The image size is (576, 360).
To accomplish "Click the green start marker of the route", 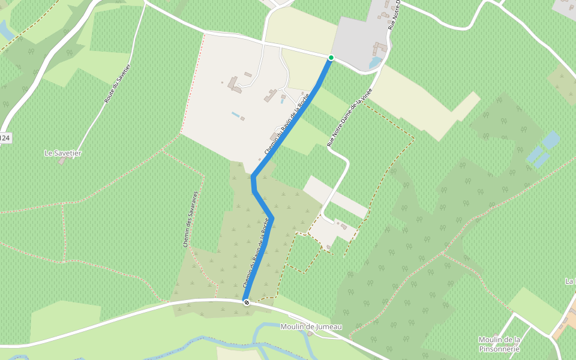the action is [331, 58].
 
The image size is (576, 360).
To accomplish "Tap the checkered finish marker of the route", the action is [246, 302].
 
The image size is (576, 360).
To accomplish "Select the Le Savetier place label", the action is [63, 153].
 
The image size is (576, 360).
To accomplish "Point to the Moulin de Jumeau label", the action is [311, 326].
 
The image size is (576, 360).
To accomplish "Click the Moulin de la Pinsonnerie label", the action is [499, 344].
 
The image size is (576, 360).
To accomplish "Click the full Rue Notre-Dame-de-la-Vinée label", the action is [351, 116].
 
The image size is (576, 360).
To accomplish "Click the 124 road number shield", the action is [5, 138].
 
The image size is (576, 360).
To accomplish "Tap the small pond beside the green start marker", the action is [375, 62].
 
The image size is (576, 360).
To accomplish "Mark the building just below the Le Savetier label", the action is [62, 161].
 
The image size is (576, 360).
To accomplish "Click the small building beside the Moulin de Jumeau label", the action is [310, 334].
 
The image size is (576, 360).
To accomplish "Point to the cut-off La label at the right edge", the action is [570, 281].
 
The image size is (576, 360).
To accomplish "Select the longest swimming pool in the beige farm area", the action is [237, 114].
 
